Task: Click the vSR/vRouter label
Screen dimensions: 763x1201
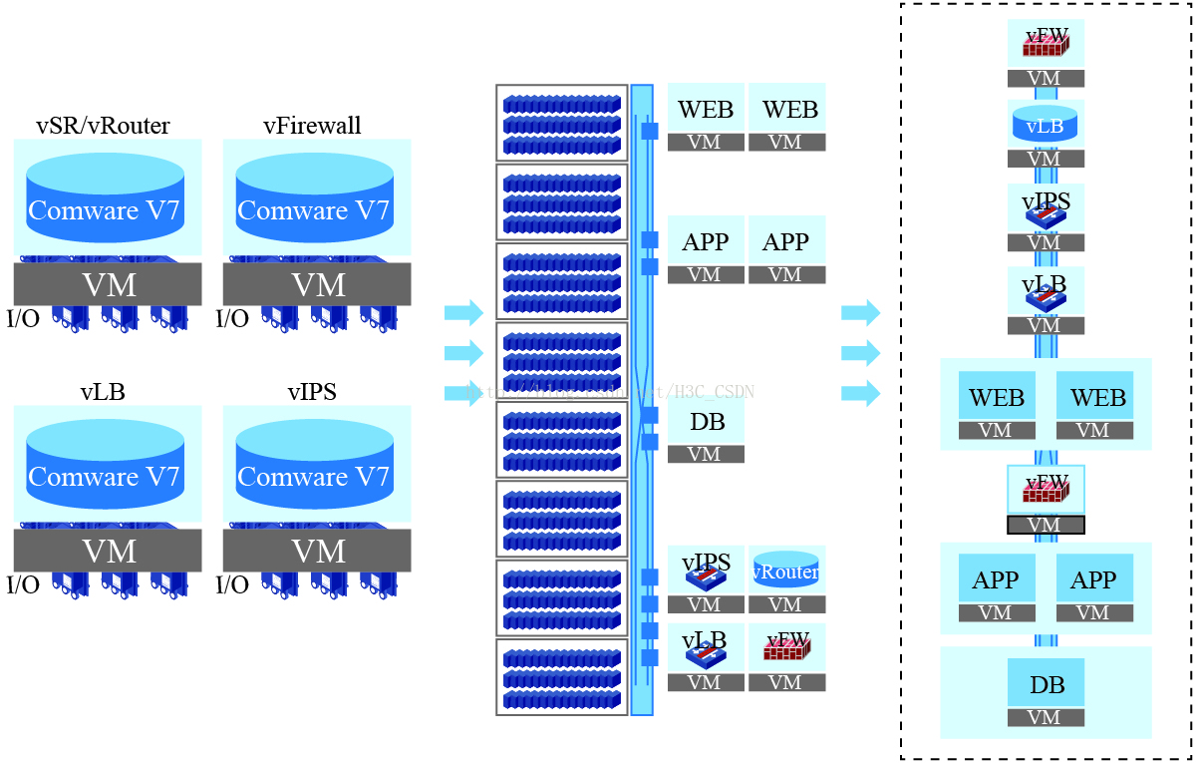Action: point(103,126)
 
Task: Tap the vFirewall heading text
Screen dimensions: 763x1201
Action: point(312,126)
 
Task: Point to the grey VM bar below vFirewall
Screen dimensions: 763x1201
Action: point(317,284)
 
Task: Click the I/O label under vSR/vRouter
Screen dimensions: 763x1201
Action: point(23,319)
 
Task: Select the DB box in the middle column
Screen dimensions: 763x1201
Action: point(706,422)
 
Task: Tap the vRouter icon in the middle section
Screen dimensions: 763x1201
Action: point(786,572)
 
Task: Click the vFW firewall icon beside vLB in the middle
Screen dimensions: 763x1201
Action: point(786,647)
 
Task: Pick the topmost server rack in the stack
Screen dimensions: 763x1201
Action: point(562,123)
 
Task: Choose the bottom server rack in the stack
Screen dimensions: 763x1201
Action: point(562,677)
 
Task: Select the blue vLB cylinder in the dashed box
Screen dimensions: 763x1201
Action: point(1045,124)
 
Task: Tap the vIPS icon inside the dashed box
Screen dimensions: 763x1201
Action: point(1045,208)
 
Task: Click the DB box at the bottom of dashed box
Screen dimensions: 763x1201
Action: point(1046,685)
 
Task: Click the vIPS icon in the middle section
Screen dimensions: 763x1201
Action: point(706,570)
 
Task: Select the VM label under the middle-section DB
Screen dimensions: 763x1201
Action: point(706,455)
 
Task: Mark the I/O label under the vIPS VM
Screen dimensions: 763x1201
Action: point(232,585)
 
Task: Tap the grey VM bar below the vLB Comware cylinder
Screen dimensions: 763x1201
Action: point(108,551)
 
